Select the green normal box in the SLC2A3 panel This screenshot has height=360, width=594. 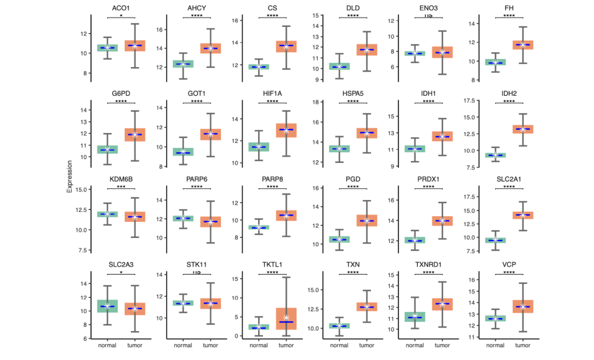pos(107,306)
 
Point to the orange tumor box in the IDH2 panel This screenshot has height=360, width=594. pos(523,129)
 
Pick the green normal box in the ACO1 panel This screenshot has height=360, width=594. pos(107,48)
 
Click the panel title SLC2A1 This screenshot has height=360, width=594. pos(509,179)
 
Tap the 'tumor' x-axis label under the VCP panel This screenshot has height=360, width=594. pos(523,346)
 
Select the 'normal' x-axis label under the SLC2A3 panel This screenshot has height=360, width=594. pos(107,346)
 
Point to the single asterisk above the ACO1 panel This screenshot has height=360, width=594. pos(121,16)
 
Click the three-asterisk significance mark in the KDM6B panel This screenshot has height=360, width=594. pos(121,187)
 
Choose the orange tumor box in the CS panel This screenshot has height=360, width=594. pos(287,47)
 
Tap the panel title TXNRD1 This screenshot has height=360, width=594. pos(428,265)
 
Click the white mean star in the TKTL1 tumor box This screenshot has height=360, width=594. pos(287,317)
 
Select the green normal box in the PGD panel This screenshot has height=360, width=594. pos(339,239)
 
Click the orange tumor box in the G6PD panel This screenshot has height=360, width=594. pos(135,134)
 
